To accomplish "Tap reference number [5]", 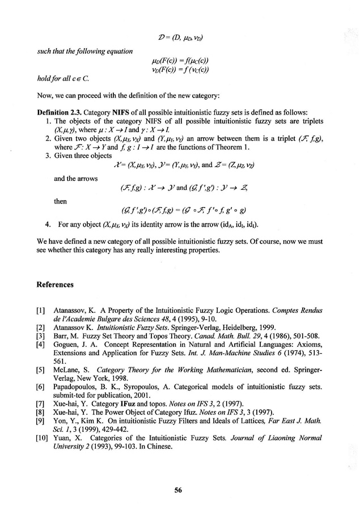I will click(x=41, y=370).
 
